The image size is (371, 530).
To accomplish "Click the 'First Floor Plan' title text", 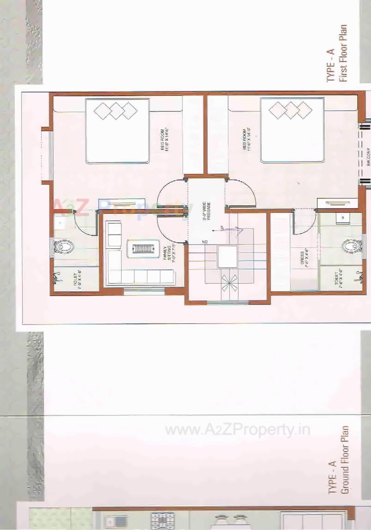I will click(x=343, y=53).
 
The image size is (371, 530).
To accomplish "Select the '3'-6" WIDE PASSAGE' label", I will click(x=206, y=211).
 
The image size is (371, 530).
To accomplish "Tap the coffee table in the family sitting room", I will click(x=143, y=249).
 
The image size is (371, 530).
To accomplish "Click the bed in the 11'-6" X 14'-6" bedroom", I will click(x=117, y=131).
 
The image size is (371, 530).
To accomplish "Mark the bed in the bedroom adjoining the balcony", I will click(x=292, y=131).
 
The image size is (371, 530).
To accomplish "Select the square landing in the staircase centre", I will click(x=228, y=256).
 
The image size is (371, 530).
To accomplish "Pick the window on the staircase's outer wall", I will click(x=228, y=303).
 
